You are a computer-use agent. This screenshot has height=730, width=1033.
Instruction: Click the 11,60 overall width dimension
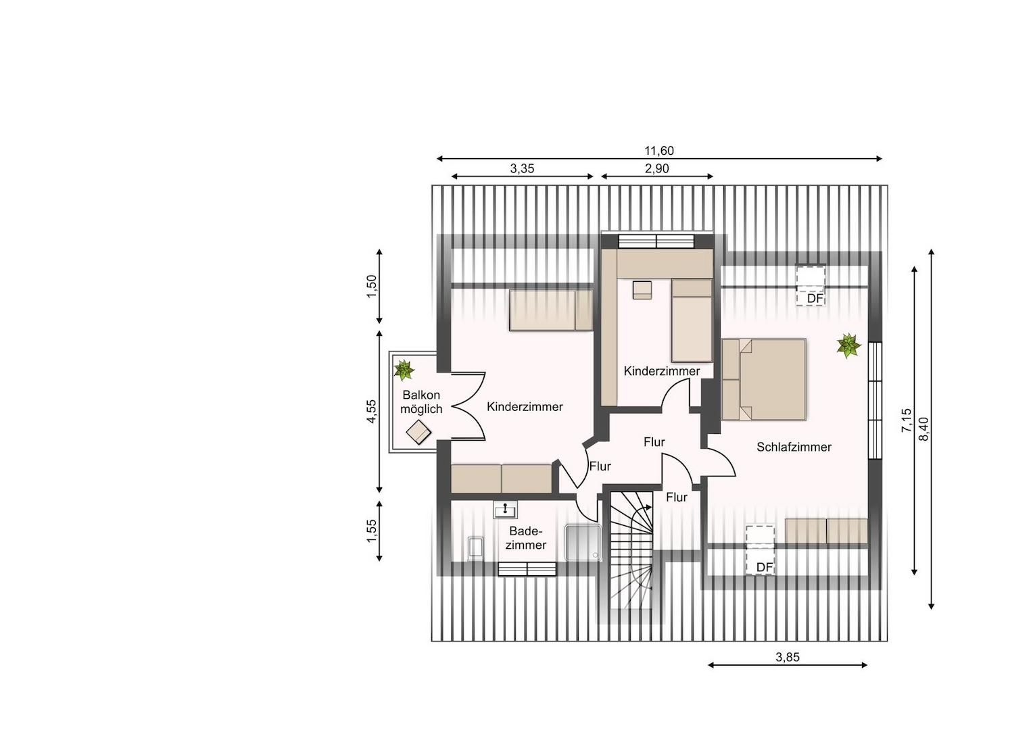[x=659, y=151]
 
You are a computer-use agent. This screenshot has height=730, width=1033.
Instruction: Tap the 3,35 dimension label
[x=522, y=169]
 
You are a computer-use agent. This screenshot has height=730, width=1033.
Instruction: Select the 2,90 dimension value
[x=656, y=169]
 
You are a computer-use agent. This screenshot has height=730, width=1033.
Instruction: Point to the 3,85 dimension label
[x=787, y=657]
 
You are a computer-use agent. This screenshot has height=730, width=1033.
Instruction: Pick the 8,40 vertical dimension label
[x=923, y=429]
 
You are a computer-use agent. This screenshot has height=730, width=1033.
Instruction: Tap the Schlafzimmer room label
[x=794, y=447]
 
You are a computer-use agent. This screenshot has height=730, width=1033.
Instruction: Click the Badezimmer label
[x=525, y=538]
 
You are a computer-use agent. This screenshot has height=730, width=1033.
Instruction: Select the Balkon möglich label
[x=421, y=401]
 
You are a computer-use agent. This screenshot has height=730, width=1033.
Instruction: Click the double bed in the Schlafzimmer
[x=764, y=379]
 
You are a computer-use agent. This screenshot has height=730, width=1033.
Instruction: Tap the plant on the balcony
[x=404, y=370]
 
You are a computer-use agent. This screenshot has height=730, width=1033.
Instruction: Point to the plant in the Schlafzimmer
[x=848, y=345]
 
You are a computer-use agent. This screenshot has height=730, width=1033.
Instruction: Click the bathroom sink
[x=505, y=510]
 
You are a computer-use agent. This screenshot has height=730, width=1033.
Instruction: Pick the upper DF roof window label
[x=815, y=299]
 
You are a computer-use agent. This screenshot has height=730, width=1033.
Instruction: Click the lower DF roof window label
[x=764, y=567]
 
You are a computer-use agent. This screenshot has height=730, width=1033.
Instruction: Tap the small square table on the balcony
[x=418, y=432]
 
